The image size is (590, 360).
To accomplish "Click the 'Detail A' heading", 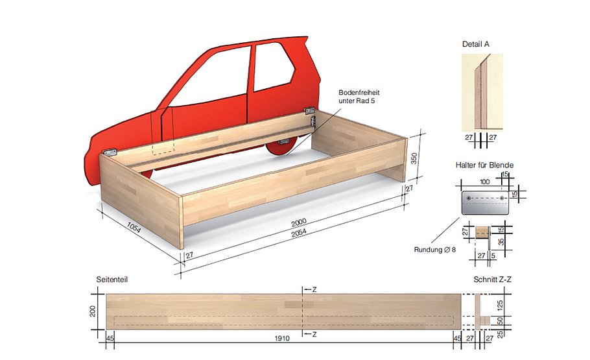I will click(476, 44).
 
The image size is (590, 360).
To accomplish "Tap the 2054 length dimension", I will click(302, 232).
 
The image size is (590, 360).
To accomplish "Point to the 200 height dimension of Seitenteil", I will click(96, 313).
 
